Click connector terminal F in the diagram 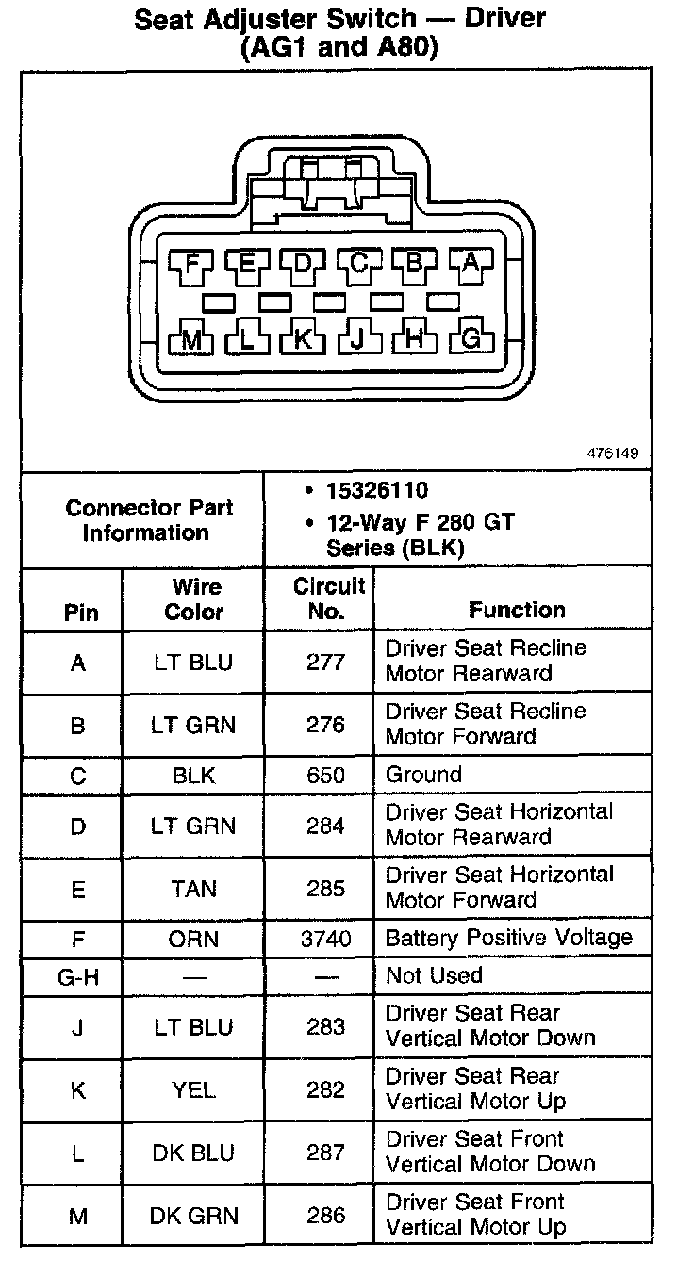pos(192,263)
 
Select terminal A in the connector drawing pos(471,263)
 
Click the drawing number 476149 pos(613,453)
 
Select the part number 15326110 pos(377,490)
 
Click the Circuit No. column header pos(327,598)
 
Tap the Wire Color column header pos(193,598)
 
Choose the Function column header pos(517,610)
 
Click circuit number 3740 pos(326,939)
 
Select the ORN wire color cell pos(193,939)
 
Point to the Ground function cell pos(423,775)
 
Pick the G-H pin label pos(78,976)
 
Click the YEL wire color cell pos(193,1090)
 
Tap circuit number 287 pos(326,1153)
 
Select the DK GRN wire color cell pos(193,1216)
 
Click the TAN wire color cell pos(193,889)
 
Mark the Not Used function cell pos(434,975)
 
